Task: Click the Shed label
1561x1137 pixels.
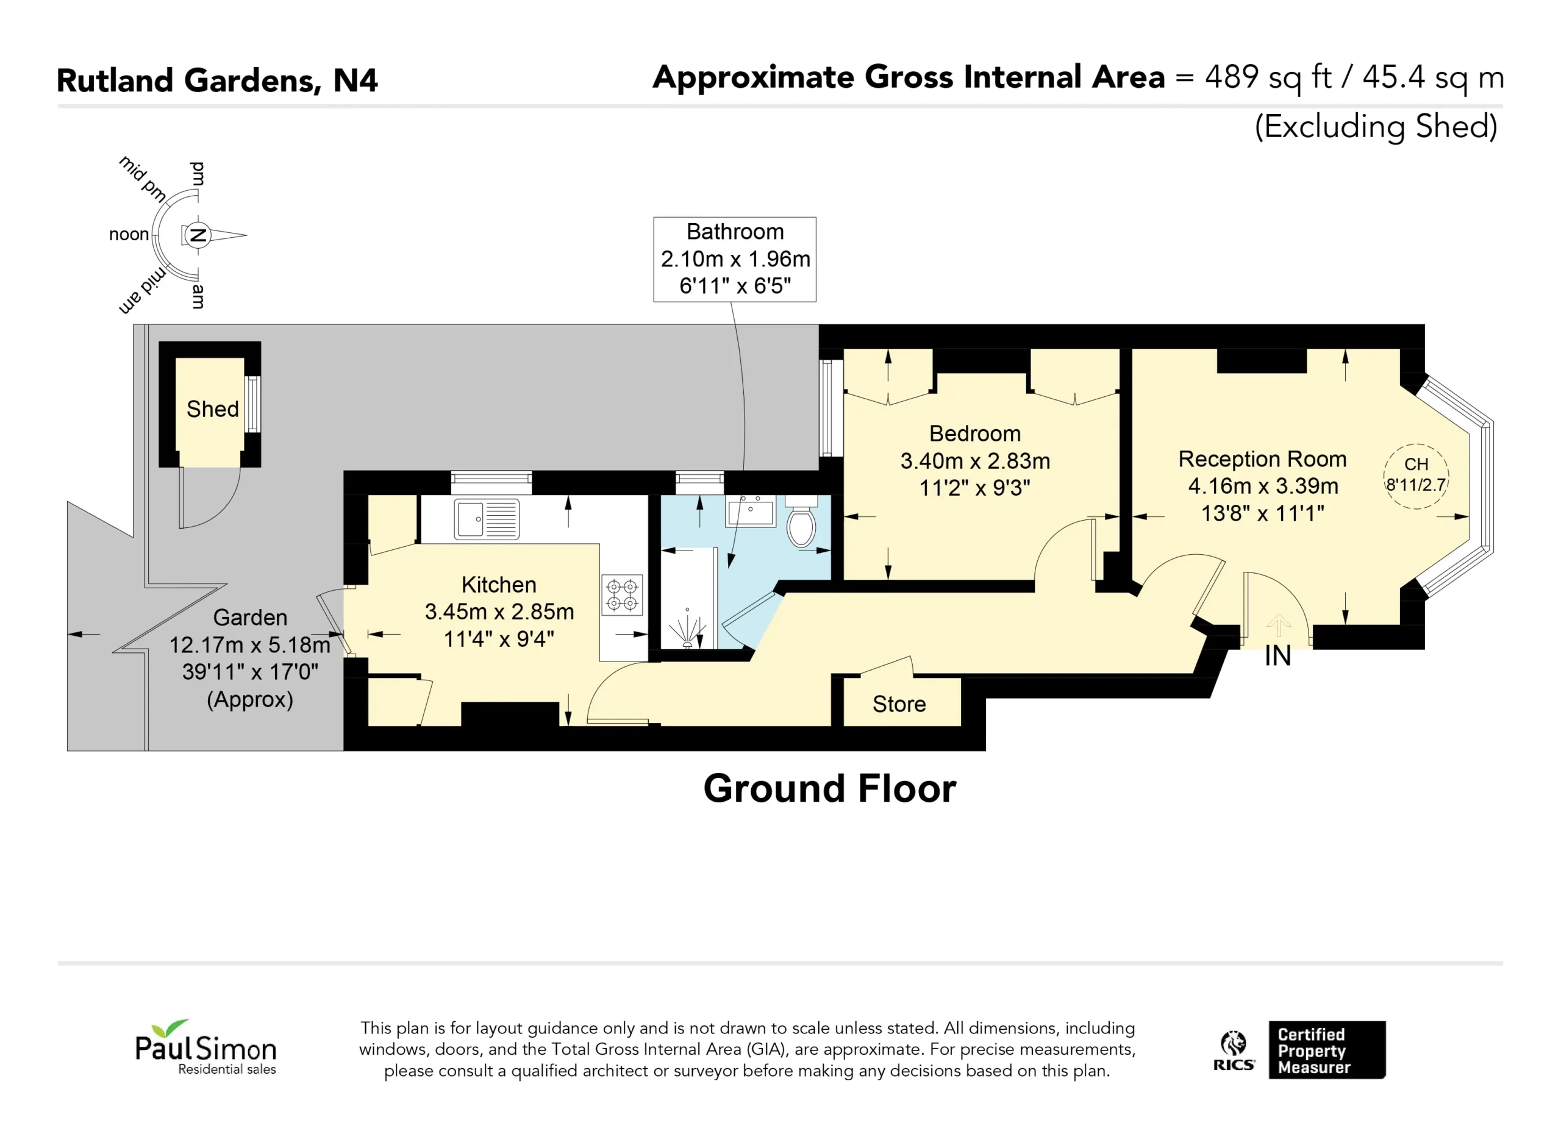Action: [x=213, y=409]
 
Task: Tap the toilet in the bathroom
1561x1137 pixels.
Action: [x=801, y=522]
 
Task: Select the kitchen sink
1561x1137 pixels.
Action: [x=487, y=519]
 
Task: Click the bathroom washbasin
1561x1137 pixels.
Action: [x=750, y=511]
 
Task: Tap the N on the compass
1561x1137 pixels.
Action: [x=198, y=235]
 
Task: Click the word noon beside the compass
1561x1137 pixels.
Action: [x=129, y=235]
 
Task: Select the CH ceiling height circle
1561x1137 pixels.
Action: [x=1416, y=476]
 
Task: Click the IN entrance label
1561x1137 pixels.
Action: [x=1277, y=656]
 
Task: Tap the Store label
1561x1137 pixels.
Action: [x=899, y=704]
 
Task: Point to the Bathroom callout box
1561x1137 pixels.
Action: [x=735, y=260]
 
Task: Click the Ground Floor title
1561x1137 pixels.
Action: [x=829, y=788]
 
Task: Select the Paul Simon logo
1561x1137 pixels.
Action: [x=205, y=1047]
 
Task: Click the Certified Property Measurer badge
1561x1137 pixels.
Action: [x=1327, y=1050]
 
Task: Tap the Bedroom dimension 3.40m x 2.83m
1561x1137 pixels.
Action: [x=975, y=461]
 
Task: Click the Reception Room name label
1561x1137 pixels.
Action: [x=1262, y=459]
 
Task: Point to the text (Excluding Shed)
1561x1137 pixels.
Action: [x=1376, y=127]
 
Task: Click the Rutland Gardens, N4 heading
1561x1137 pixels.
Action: [x=218, y=80]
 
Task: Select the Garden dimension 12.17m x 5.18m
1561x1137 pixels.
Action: [x=250, y=645]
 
